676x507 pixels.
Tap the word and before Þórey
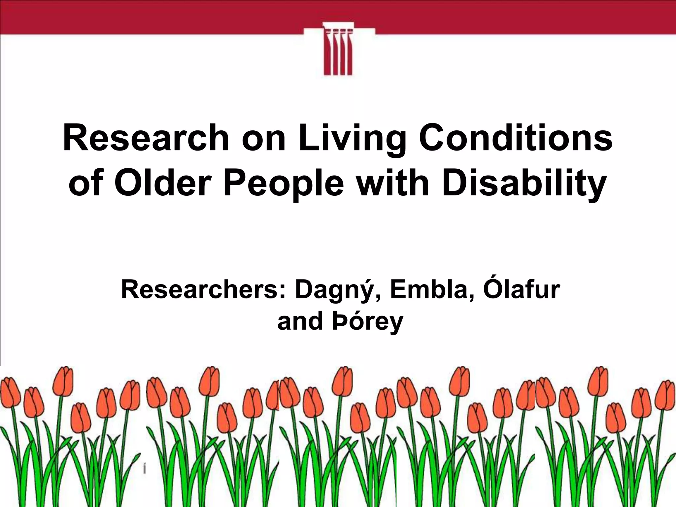pyautogui.click(x=300, y=321)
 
